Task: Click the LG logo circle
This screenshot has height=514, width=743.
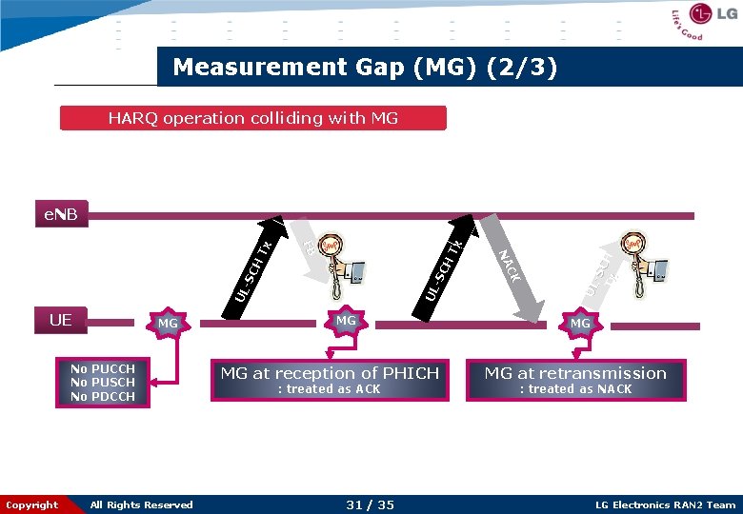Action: click(x=702, y=14)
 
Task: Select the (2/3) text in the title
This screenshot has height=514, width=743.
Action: click(x=522, y=67)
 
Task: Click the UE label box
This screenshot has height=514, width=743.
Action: click(x=60, y=320)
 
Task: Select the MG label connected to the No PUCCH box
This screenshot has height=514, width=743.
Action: click(x=168, y=324)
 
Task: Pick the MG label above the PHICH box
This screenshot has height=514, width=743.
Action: click(x=346, y=321)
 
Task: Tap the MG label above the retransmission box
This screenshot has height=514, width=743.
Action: click(x=580, y=324)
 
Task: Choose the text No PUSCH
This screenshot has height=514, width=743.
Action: click(x=103, y=383)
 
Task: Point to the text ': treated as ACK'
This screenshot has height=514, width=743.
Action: click(x=329, y=389)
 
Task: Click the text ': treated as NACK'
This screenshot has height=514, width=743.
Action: click(x=575, y=389)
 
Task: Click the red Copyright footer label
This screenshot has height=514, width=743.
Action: click(x=32, y=504)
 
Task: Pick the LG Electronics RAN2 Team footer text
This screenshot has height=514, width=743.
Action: click(x=665, y=504)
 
